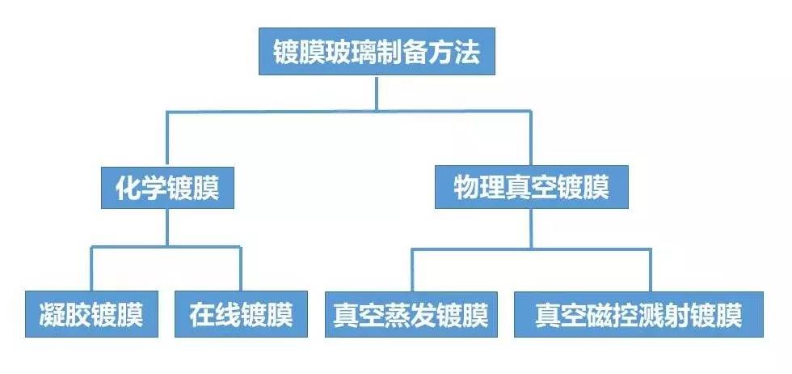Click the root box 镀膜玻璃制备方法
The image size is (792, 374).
pyautogui.click(x=376, y=53)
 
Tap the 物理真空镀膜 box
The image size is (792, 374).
pyautogui.click(x=530, y=188)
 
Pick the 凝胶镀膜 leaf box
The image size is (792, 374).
pyautogui.click(x=91, y=314)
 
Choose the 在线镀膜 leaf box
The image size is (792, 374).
pyautogui.click(x=241, y=314)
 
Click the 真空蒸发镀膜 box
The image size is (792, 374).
pyautogui.click(x=411, y=314)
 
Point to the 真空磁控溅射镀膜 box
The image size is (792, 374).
pyautogui.click(x=638, y=314)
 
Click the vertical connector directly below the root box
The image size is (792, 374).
pyautogui.click(x=376, y=91)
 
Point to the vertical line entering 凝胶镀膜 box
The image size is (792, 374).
pyautogui.click(x=91, y=269)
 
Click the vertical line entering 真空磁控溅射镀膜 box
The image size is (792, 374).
pyautogui.click(x=651, y=269)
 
